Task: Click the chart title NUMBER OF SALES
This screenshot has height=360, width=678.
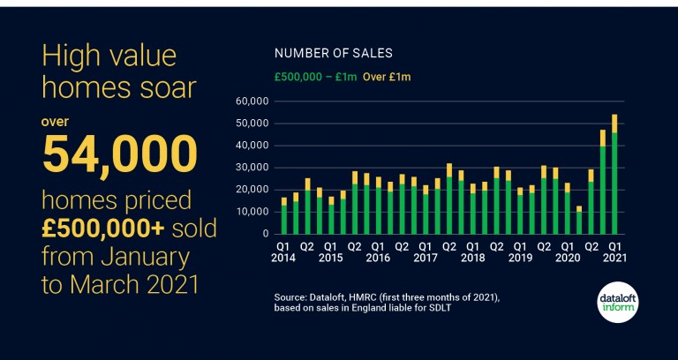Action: point(334,53)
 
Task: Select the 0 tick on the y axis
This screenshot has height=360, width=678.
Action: point(263,234)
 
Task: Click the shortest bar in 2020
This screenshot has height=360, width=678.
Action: point(578,221)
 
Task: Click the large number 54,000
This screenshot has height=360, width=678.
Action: point(119,155)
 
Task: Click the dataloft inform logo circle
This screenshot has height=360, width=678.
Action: point(617,301)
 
